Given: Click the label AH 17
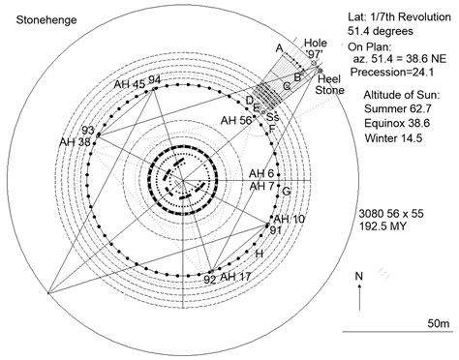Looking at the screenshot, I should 237,278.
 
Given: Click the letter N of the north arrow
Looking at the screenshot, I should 360,276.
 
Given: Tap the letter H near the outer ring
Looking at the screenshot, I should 259,254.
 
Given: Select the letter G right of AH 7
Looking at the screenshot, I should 287,191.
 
